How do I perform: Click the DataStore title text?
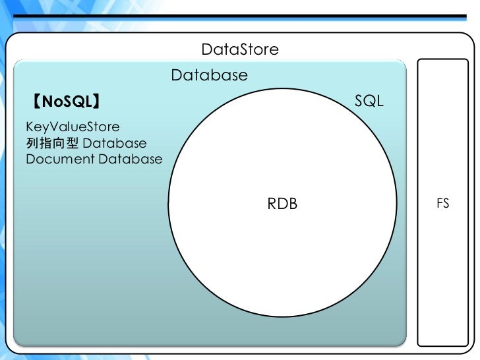click(240, 49)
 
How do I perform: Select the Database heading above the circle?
click(209, 75)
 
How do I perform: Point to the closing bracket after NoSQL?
click(96, 102)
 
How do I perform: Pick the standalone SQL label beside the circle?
click(369, 102)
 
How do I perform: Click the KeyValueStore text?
click(73, 126)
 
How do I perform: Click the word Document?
click(60, 159)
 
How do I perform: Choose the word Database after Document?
click(131, 159)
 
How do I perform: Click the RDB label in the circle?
click(282, 204)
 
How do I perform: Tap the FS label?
click(442, 204)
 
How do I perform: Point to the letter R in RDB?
click(272, 204)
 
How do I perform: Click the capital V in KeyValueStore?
click(51, 126)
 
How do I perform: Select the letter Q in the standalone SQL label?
click(369, 102)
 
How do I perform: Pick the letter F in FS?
click(440, 204)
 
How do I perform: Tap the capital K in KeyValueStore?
click(30, 126)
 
